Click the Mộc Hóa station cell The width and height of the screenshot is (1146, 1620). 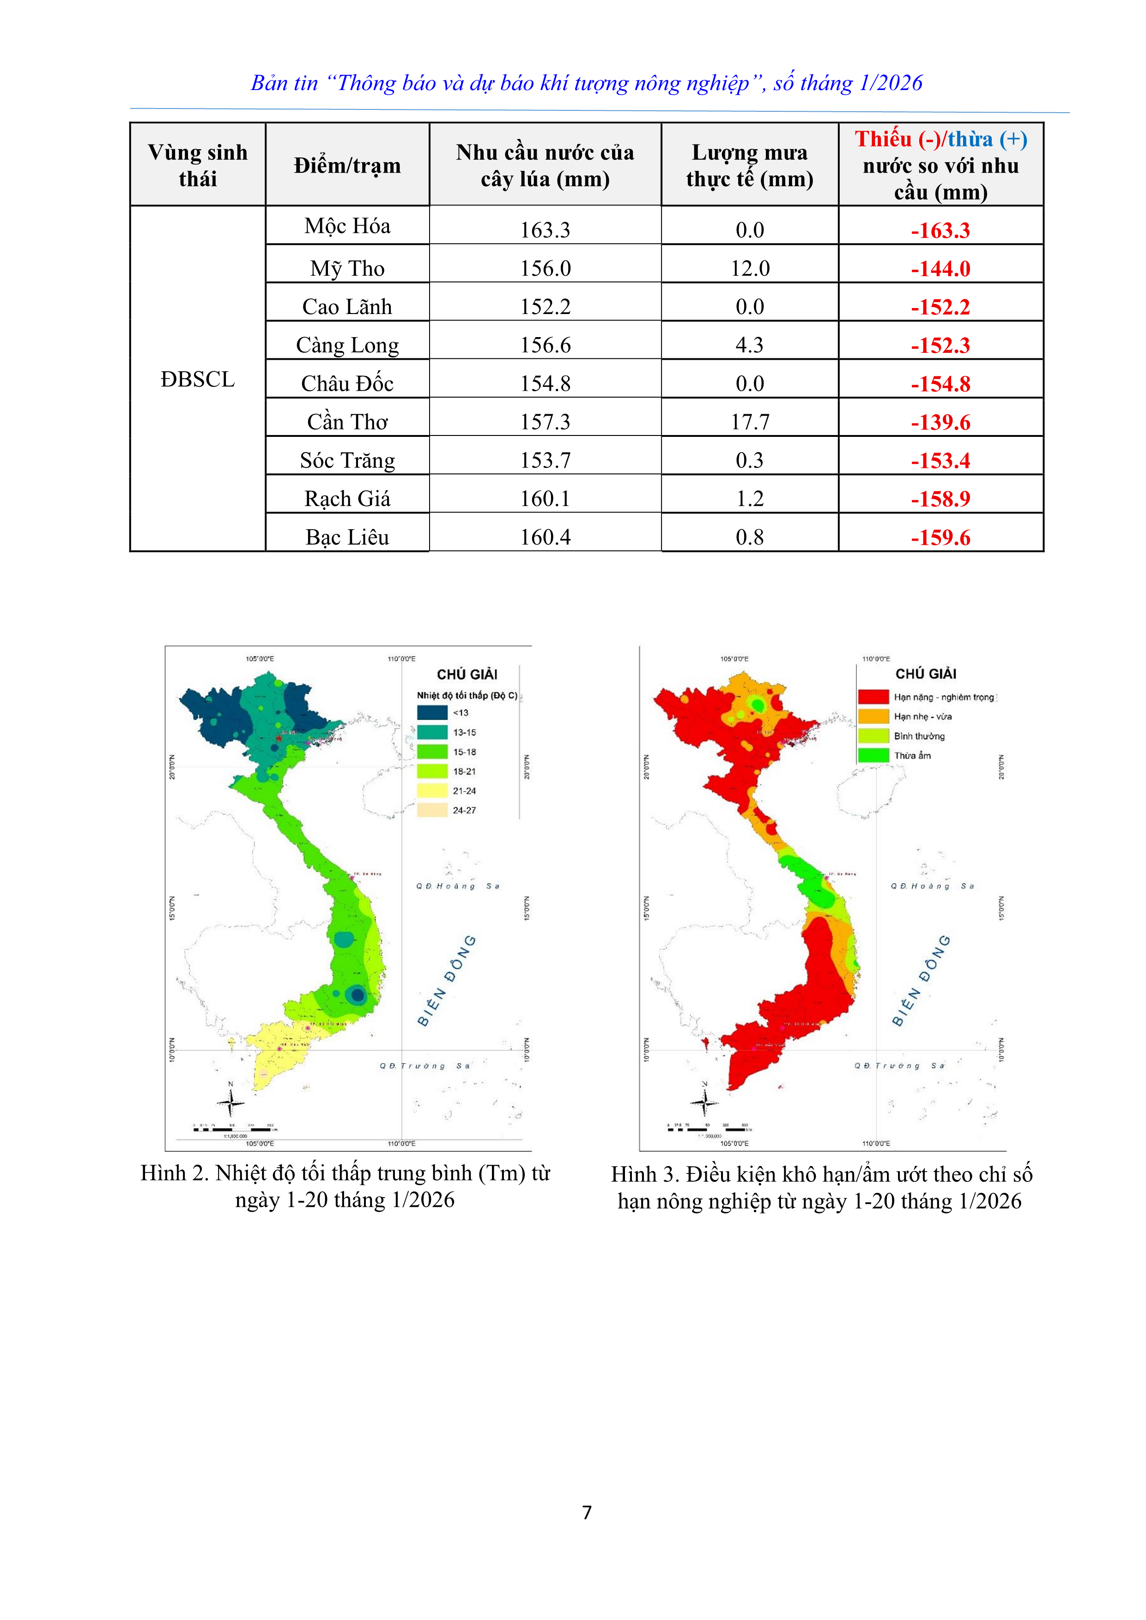(x=347, y=226)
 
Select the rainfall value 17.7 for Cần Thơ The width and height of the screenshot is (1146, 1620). (x=749, y=422)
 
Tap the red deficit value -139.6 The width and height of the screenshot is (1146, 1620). (x=940, y=423)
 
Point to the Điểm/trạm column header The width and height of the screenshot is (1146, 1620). (x=347, y=166)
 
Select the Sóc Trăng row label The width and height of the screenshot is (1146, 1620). (x=347, y=460)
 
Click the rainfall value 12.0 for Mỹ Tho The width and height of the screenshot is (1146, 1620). (x=749, y=269)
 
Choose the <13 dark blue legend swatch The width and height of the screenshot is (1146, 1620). (x=432, y=713)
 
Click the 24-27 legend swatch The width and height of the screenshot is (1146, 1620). (x=432, y=810)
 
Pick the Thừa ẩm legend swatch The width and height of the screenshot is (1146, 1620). (x=873, y=755)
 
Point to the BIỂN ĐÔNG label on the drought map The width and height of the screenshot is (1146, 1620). (x=921, y=981)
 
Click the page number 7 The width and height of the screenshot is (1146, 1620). (x=587, y=1512)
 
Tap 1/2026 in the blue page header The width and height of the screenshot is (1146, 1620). (x=891, y=83)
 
